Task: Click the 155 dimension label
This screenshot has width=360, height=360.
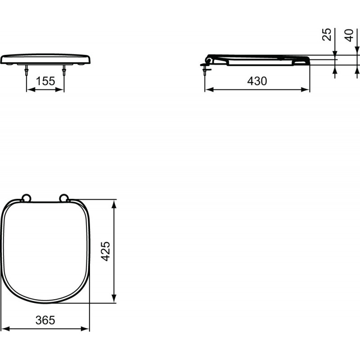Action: [45, 81]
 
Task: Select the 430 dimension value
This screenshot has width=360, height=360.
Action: [257, 81]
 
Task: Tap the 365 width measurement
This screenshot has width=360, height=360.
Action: [45, 320]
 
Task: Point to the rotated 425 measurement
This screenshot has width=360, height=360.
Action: [106, 251]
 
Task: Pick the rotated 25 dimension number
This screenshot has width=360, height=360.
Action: [327, 35]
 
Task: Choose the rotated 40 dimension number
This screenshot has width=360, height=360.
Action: [349, 36]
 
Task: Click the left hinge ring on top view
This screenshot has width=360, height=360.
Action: [26, 198]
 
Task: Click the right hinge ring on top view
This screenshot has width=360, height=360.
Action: [63, 198]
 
